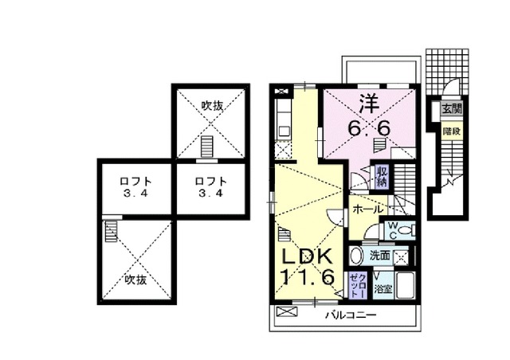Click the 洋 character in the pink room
(367, 103)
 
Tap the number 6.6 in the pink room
(367, 127)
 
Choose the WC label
(393, 229)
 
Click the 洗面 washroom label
(380, 256)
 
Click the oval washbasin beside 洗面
(356, 256)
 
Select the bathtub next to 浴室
(404, 286)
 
